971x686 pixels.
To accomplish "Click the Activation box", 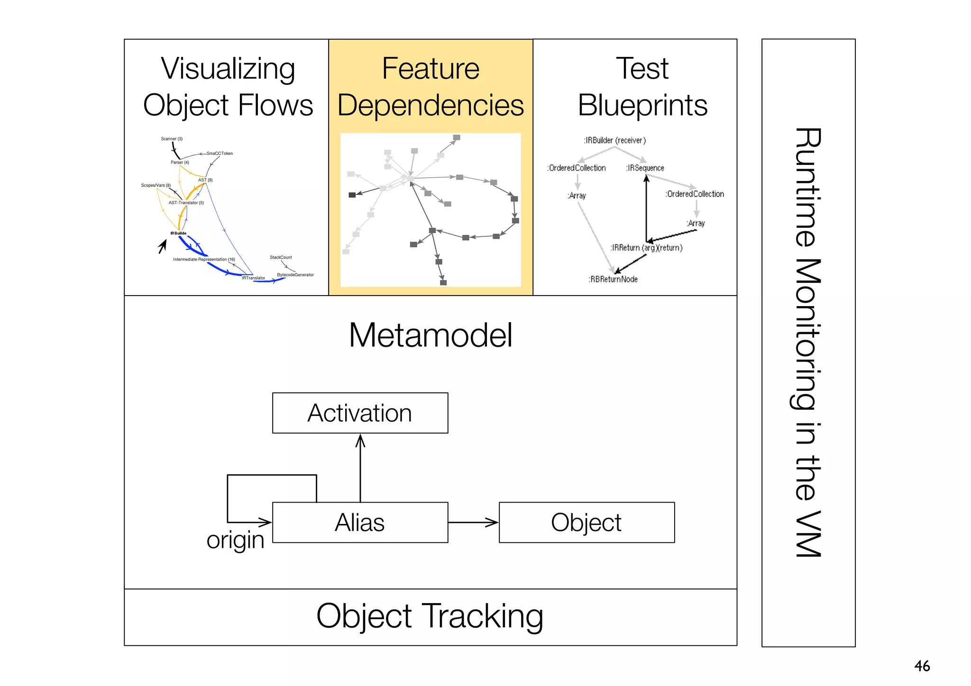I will pos(360,413).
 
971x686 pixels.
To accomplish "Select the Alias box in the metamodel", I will pos(360,523).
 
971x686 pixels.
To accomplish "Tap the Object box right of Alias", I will pos(586,523).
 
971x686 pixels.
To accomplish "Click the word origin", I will pos(235,540).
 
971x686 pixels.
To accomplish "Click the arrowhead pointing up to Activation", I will pos(360,442).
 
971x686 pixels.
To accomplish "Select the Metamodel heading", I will pos(431,335).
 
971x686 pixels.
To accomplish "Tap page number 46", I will pos(922,666).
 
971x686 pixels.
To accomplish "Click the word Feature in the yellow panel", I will pos(431,69).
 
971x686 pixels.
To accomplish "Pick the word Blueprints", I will pos(642,105).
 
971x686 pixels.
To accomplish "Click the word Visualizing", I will pos(228,69).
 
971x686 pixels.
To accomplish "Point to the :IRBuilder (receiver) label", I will pos(614,140).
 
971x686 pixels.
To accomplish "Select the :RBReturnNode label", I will pos(613,279).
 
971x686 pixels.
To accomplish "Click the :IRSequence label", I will pos(645,168).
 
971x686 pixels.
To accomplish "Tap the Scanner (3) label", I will pos(172,139).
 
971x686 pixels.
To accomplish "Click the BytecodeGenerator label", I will pos(295,275).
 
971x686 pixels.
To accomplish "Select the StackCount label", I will pos(281,257).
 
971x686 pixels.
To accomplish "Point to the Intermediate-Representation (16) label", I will pos(204,259).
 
